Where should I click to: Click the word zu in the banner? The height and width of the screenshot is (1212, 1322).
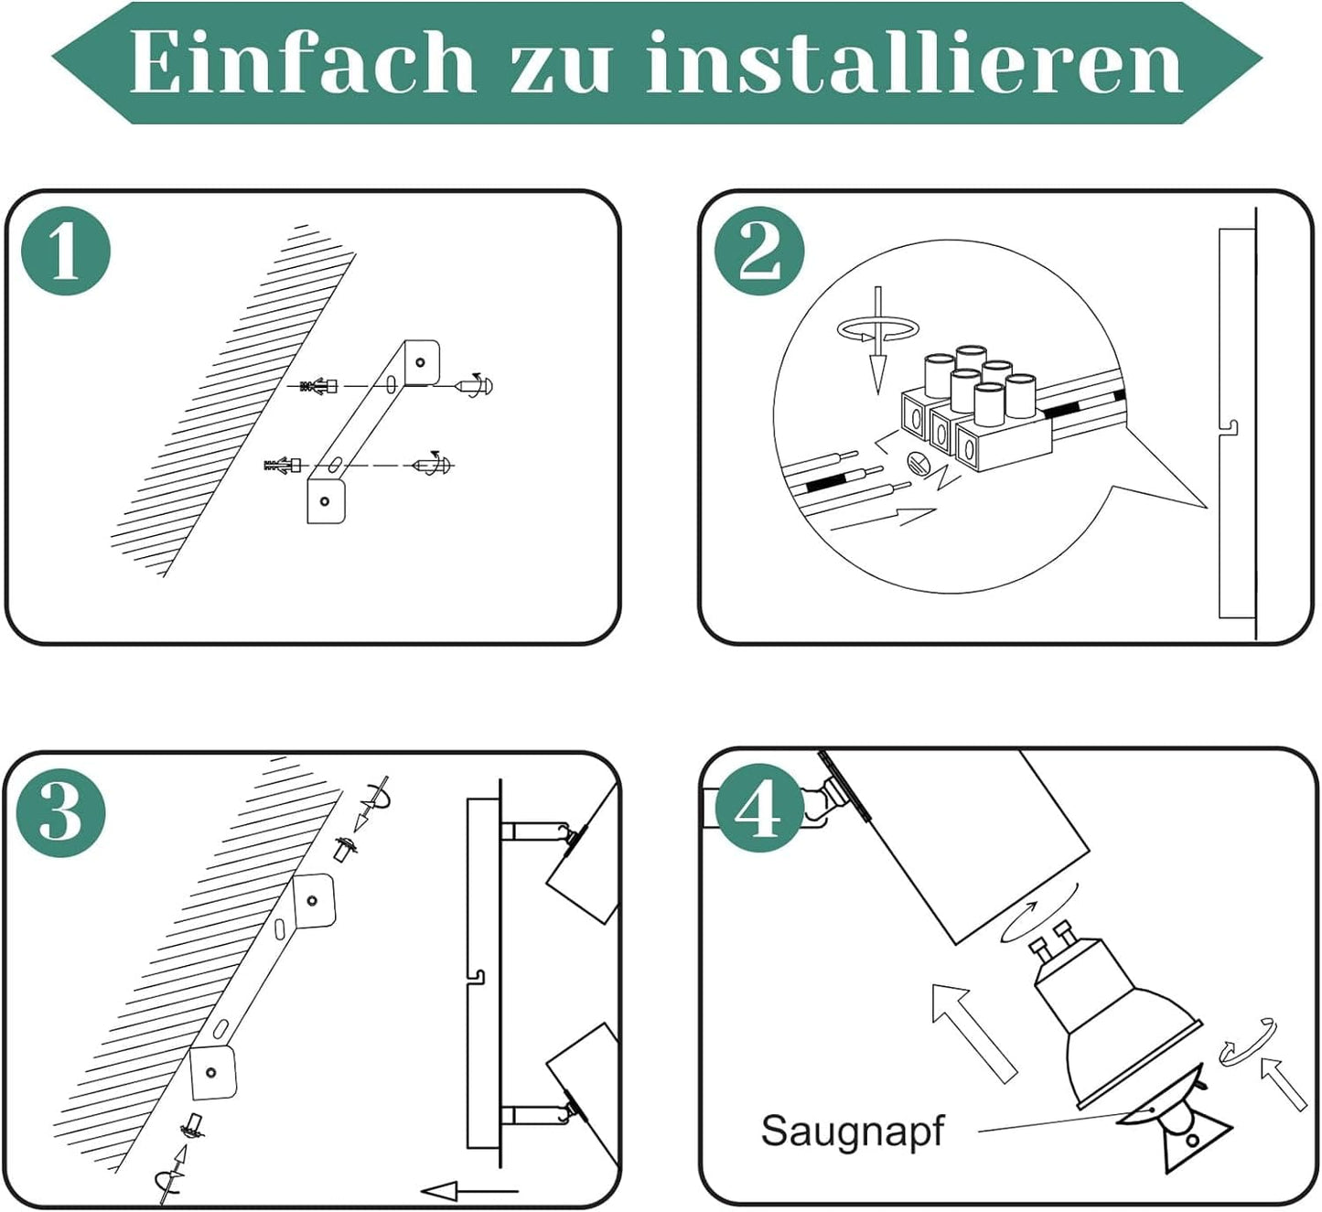[561, 70]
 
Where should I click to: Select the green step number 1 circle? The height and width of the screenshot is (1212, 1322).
[66, 252]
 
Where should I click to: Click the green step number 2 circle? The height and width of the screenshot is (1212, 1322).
[760, 252]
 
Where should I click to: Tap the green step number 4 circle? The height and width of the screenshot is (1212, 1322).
[760, 808]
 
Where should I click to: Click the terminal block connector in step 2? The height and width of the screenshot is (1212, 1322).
[975, 409]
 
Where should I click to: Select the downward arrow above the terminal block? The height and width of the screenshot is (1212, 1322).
[877, 340]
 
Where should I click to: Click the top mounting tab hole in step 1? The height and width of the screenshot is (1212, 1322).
[420, 362]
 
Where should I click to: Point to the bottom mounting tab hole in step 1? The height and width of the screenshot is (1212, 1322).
[324, 501]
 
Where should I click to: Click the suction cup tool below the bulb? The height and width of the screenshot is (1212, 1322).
[1179, 1130]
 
